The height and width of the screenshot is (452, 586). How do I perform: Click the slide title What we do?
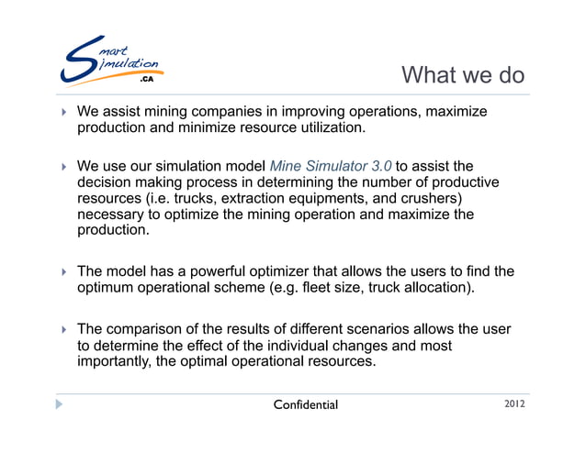tap(463, 74)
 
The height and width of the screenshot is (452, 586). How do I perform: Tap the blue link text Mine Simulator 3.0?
tap(331, 166)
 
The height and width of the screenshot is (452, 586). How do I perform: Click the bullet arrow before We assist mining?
tap(63, 112)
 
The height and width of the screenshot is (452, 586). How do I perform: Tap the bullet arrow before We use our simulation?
tap(63, 167)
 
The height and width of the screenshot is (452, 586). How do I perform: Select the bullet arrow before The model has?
tap(63, 272)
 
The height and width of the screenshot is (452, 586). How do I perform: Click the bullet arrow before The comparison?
tap(63, 328)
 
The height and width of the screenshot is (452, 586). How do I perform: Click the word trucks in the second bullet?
tap(186, 198)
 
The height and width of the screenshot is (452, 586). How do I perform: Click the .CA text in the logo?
tap(146, 80)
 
